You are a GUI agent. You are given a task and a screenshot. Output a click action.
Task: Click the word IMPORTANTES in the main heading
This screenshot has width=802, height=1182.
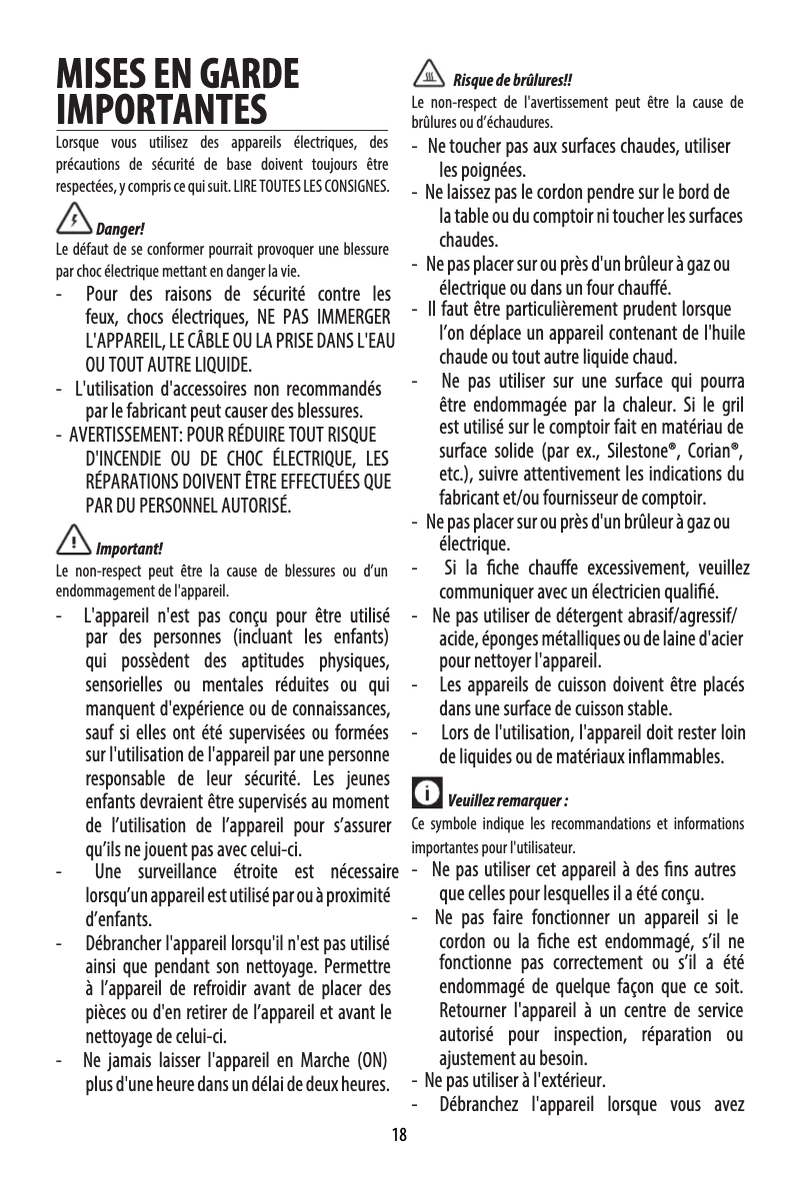(x=161, y=107)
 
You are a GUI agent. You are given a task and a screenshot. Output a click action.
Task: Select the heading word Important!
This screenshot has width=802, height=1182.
(x=128, y=549)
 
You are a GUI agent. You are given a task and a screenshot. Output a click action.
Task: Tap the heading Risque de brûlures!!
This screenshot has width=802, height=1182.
(x=513, y=80)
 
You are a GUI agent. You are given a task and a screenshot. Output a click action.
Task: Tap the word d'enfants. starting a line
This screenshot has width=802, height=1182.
(x=118, y=919)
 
